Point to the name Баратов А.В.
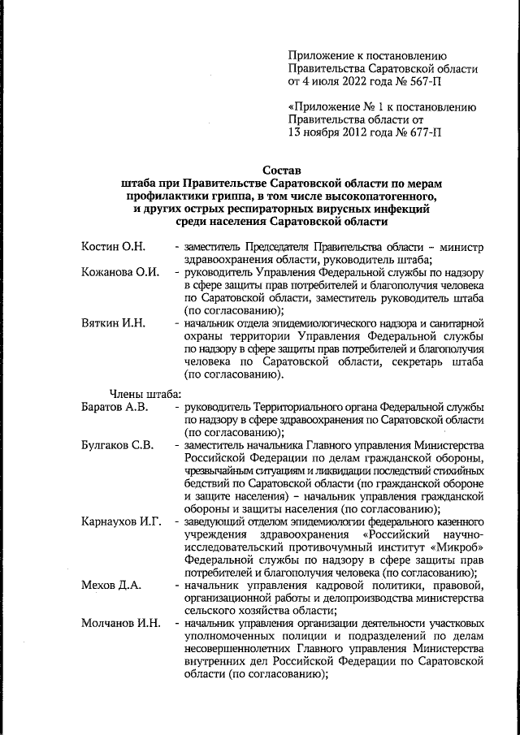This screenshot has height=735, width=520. click(115, 406)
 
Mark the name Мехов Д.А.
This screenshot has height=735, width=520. click(110, 586)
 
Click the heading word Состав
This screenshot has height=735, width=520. click(283, 171)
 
